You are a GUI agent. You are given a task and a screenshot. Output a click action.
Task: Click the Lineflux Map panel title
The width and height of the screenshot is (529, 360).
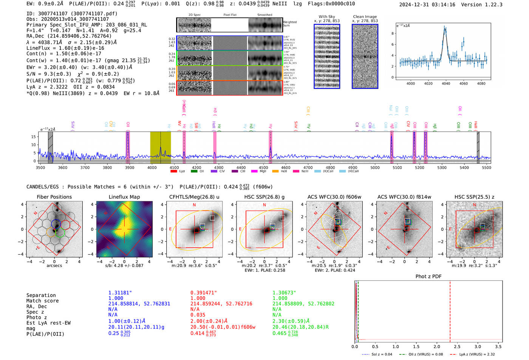(124, 197)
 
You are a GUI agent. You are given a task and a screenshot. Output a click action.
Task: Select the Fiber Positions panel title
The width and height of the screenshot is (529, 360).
(54, 197)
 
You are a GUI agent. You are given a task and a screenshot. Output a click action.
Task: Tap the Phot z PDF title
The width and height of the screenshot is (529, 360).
(428, 277)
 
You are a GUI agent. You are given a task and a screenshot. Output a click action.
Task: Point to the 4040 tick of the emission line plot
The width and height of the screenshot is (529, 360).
(446, 83)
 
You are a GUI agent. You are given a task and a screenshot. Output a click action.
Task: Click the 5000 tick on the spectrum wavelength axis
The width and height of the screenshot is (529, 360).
(375, 168)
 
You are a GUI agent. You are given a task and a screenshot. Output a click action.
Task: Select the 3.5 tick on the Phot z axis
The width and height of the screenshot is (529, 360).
(498, 346)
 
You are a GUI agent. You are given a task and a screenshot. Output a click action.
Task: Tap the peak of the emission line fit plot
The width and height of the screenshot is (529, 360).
(445, 27)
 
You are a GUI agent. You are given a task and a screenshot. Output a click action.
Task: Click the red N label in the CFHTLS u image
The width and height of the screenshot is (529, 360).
(194, 205)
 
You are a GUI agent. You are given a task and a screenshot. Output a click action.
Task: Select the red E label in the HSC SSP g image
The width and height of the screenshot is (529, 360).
(240, 229)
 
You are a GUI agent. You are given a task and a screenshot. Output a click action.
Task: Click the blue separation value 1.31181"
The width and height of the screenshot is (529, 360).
(120, 293)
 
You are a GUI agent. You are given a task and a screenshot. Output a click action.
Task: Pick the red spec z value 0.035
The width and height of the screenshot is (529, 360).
(198, 315)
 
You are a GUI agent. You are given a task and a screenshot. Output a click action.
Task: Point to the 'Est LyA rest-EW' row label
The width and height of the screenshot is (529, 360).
(48, 323)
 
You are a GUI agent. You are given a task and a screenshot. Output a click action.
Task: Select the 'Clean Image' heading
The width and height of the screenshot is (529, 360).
(365, 17)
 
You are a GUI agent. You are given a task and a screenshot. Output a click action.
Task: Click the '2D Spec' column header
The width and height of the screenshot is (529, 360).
(195, 15)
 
